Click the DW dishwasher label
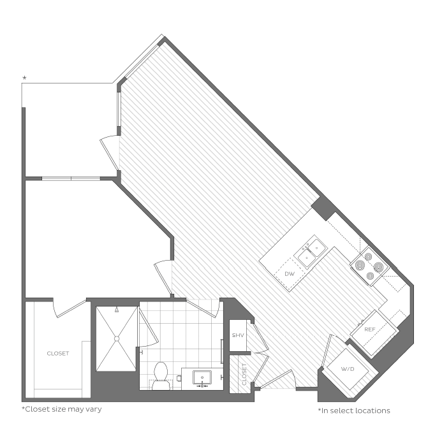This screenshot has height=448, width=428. pos(290,274)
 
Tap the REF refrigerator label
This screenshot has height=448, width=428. pos(369,329)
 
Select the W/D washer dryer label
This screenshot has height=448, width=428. pos(348,369)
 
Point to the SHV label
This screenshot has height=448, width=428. pos(237,335)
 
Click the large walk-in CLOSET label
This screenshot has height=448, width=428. pos(58,354)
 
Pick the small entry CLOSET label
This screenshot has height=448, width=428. pos(244,374)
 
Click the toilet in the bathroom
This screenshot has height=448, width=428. pos(161,376)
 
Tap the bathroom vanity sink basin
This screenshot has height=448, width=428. pos(202,378)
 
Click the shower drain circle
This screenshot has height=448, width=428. pos(116,338)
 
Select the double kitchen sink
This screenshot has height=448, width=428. pos(311,251)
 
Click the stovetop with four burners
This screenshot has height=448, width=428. pos(370,266)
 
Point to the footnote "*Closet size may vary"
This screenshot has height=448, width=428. pos(62,409)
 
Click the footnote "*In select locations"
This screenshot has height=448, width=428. pos(354,410)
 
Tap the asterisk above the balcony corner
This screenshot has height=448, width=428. pos(25,78)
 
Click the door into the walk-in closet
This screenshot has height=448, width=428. pos(70,308)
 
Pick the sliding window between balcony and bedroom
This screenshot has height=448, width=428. pos(71,179)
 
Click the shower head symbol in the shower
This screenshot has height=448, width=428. pos(117,310)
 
